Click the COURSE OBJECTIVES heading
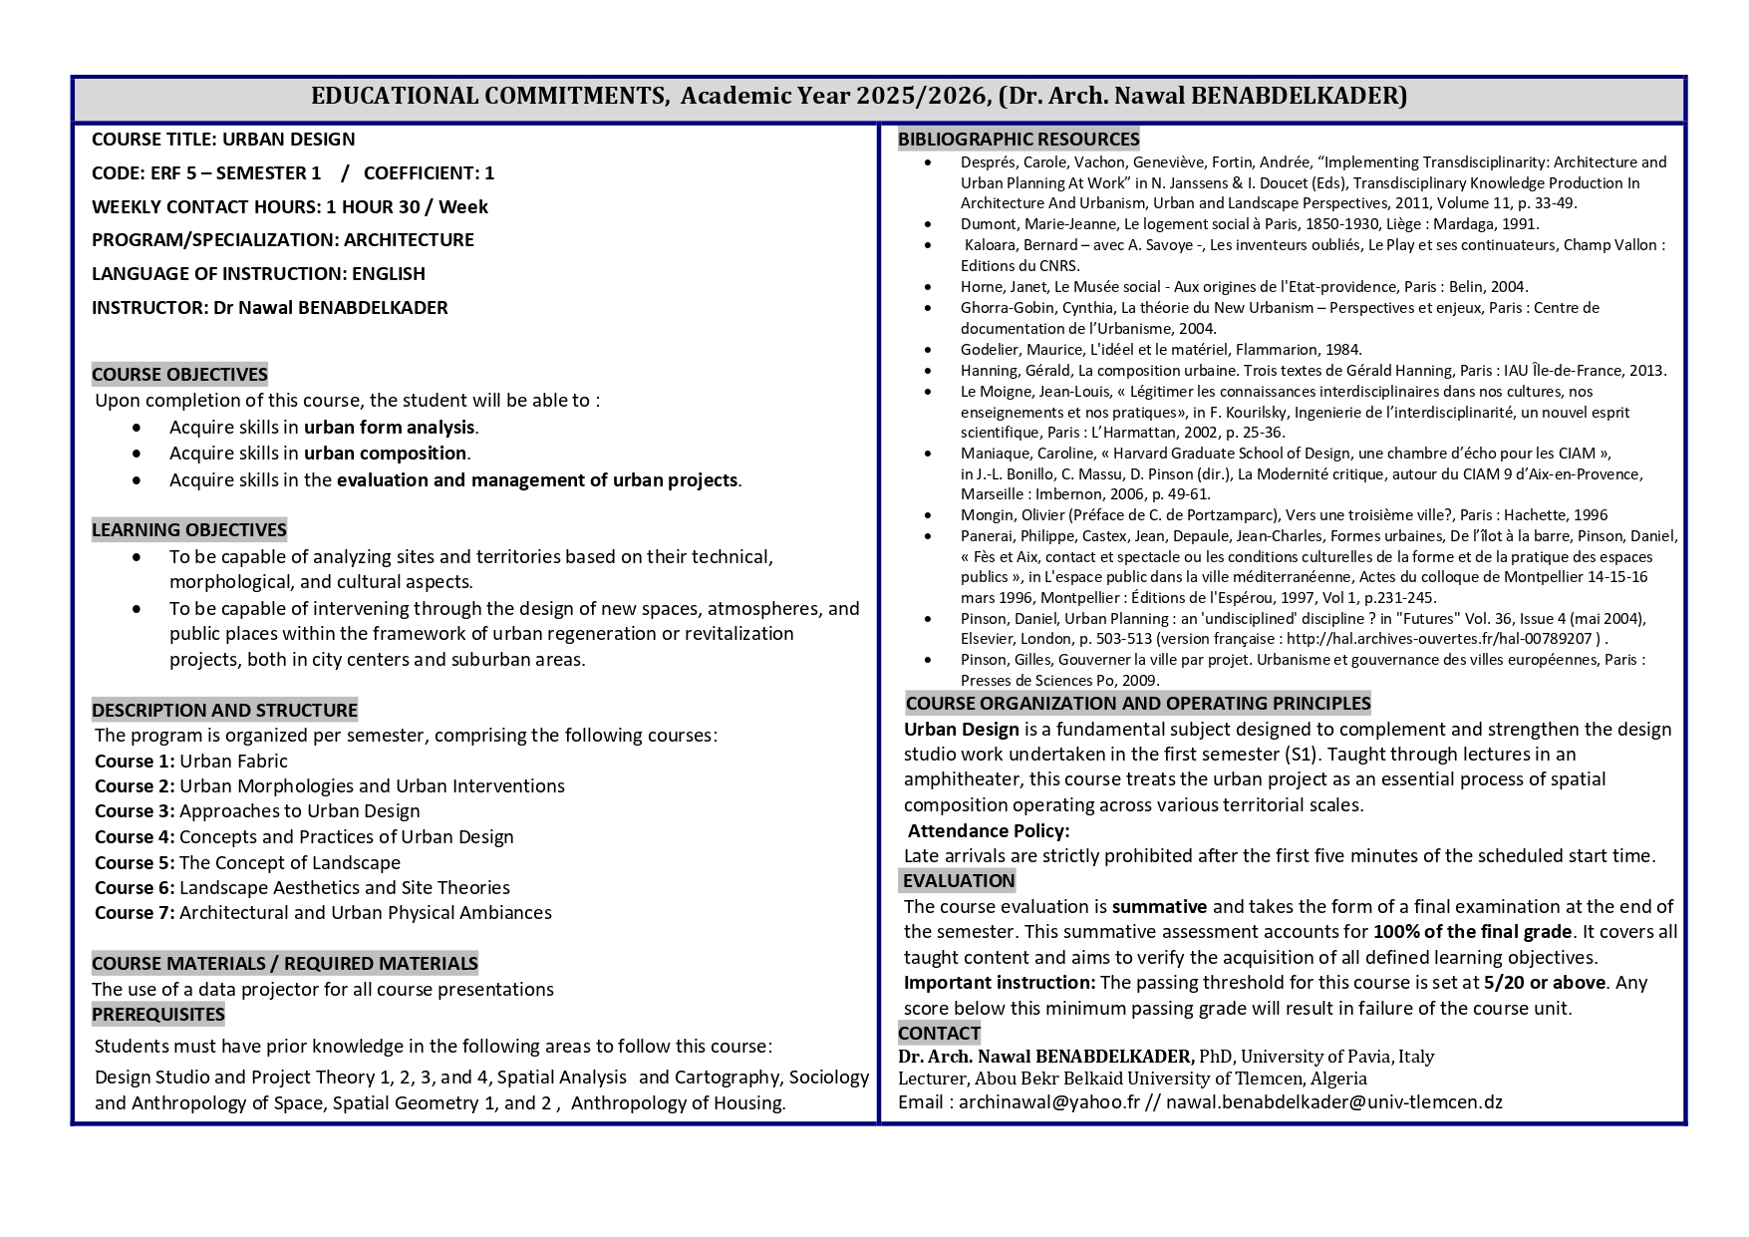179,375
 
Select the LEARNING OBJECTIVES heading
189,530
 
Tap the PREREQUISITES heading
158,1015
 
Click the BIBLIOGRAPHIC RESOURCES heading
1019,140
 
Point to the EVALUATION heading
959,881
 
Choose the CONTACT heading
939,1034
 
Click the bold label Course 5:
135,863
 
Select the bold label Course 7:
135,913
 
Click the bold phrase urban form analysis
389,428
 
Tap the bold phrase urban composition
385,454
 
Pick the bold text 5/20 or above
1544,983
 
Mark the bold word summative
1159,907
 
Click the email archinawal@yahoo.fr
1048,1102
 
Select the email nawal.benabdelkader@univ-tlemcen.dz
1333,1102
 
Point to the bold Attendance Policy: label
989,831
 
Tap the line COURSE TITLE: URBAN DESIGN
223,140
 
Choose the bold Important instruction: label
1000,983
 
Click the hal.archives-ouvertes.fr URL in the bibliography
1441,639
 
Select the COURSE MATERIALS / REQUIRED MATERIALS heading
285,964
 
